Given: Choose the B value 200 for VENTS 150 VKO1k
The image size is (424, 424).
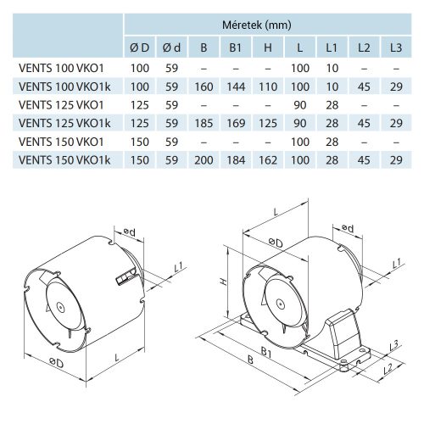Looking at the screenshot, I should (x=203, y=159).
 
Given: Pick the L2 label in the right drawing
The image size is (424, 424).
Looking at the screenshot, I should (x=386, y=369).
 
